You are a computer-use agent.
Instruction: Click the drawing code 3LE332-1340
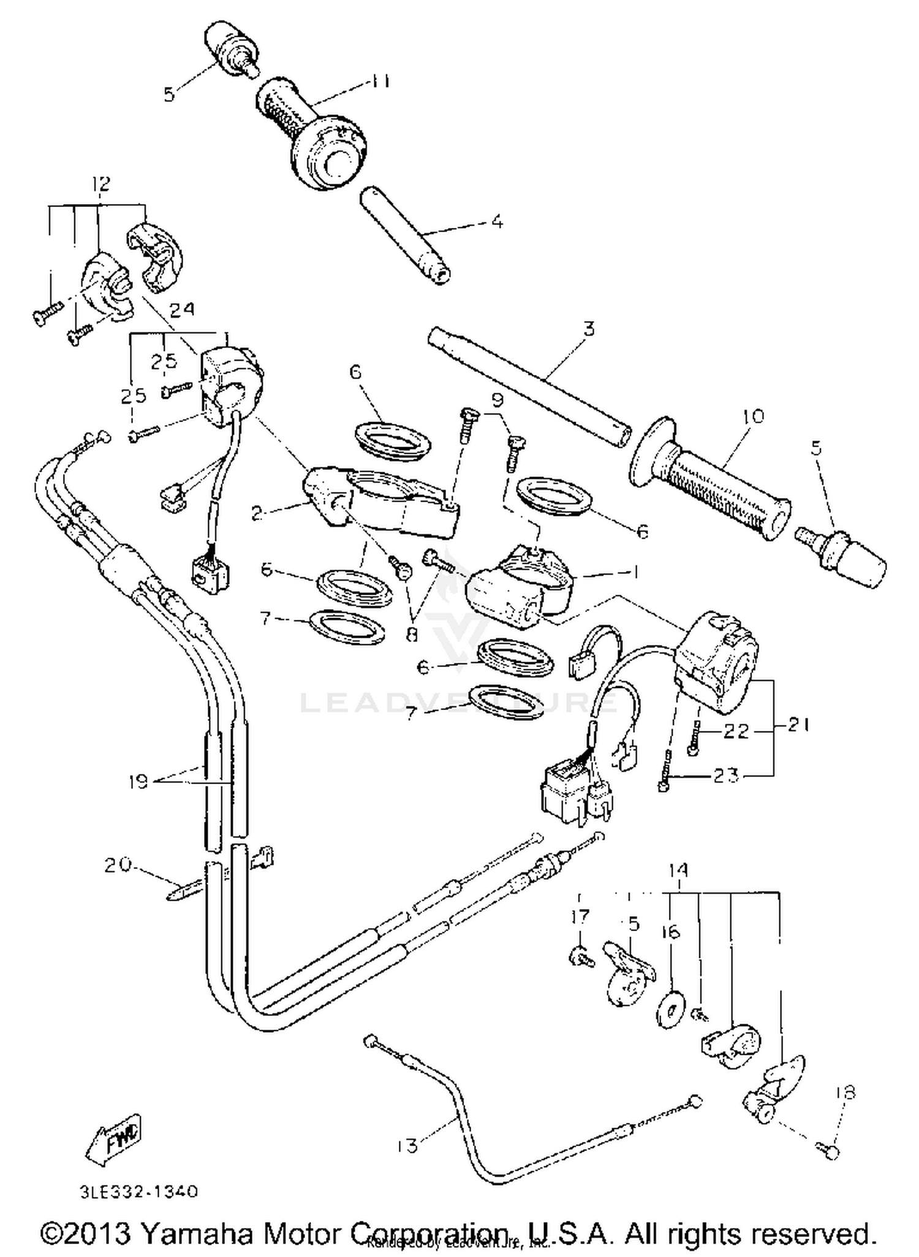click(140, 1192)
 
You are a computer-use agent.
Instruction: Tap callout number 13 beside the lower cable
click(407, 1145)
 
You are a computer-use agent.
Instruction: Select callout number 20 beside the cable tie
click(117, 865)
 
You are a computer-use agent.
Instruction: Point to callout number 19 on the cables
click(139, 782)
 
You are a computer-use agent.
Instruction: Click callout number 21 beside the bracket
click(798, 725)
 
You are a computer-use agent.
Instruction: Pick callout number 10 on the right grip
click(753, 417)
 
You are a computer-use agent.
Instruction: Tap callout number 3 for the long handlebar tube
click(588, 329)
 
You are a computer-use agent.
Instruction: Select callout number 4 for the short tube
click(497, 221)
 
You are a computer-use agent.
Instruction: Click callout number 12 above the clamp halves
click(101, 183)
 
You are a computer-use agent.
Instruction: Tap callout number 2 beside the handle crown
click(258, 513)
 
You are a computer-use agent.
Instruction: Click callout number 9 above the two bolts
click(497, 401)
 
